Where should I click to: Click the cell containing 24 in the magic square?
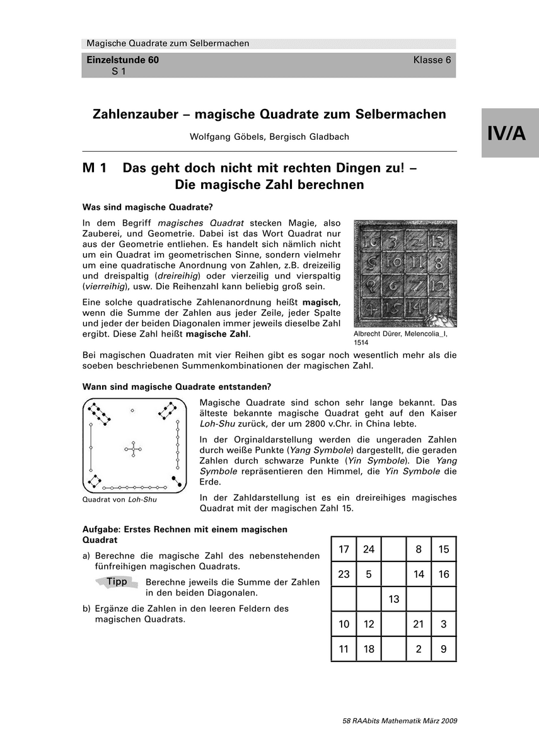click(x=369, y=549)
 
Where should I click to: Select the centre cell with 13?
click(x=394, y=599)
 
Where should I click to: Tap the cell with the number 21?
click(x=419, y=624)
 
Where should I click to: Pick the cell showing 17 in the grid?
click(x=344, y=549)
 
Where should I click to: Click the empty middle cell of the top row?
click(x=394, y=549)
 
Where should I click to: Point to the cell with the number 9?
click(x=444, y=649)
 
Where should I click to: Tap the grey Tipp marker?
click(x=117, y=581)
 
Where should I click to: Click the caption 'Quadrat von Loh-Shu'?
click(x=120, y=500)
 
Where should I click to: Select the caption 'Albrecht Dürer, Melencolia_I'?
click(x=403, y=333)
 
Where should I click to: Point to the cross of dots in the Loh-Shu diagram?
click(x=132, y=449)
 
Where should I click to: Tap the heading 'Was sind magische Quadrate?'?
click(x=144, y=207)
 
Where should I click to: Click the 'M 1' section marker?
click(x=98, y=168)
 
